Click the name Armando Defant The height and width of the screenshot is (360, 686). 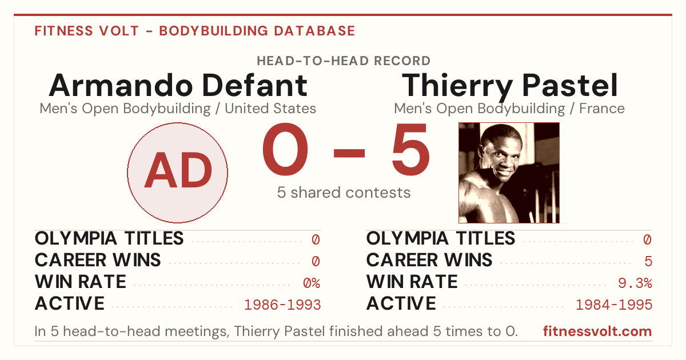pyautogui.click(x=178, y=85)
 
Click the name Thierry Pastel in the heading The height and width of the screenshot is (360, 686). pyautogui.click(x=509, y=86)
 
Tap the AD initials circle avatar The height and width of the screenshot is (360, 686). pyautogui.click(x=178, y=173)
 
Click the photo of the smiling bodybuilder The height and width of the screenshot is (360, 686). pyautogui.click(x=509, y=173)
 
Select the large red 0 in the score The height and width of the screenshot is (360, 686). pyautogui.click(x=285, y=149)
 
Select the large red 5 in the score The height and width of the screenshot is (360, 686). pyautogui.click(x=410, y=149)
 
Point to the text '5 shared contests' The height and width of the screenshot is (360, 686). pyautogui.click(x=344, y=193)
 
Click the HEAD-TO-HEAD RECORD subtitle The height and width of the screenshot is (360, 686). pyautogui.click(x=344, y=61)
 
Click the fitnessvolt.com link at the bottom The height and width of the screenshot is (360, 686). pyautogui.click(x=597, y=331)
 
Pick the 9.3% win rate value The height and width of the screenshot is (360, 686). pyautogui.click(x=635, y=282)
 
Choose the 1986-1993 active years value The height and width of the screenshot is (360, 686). pyautogui.click(x=282, y=305)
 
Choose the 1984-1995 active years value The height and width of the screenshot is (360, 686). pyautogui.click(x=614, y=305)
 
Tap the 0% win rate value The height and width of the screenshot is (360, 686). pyautogui.click(x=312, y=282)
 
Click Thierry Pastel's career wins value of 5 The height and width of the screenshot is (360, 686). pyautogui.click(x=648, y=261)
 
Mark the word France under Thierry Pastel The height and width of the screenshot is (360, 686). pyautogui.click(x=602, y=109)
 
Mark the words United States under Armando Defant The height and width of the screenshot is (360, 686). pyautogui.click(x=270, y=109)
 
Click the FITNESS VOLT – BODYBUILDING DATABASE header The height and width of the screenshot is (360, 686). pyautogui.click(x=195, y=31)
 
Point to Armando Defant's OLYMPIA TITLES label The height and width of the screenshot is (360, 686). pyautogui.click(x=109, y=238)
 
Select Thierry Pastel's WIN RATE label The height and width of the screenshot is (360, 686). pyautogui.click(x=412, y=282)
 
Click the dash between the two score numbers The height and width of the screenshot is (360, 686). pyautogui.click(x=349, y=153)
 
